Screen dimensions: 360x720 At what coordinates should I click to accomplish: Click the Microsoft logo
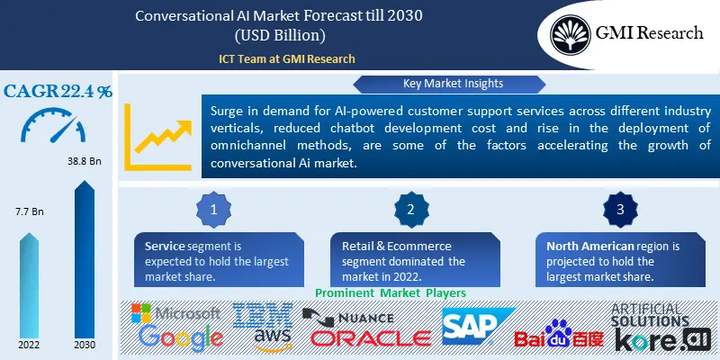click(176, 314)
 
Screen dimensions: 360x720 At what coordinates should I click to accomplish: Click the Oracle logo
click(371, 338)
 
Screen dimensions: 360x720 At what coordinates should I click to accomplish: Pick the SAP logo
click(478, 326)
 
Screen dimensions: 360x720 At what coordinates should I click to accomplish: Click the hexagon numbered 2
click(410, 210)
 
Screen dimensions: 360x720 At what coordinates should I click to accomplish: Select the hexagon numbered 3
click(618, 210)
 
